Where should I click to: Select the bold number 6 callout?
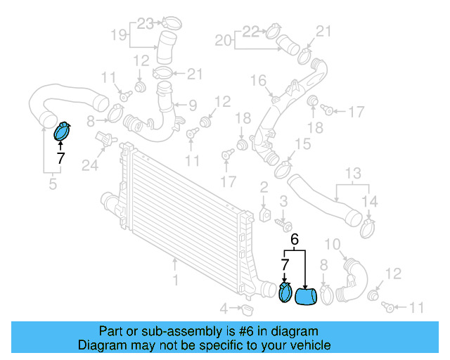click(x=295, y=240)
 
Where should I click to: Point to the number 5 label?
click(x=52, y=185)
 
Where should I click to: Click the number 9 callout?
click(x=192, y=105)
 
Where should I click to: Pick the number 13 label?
click(x=352, y=173)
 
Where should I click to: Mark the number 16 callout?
click(x=258, y=79)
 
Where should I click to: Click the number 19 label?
click(x=119, y=34)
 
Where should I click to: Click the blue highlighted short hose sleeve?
click(x=306, y=297)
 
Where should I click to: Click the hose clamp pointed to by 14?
click(x=368, y=226)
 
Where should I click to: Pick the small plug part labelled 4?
click(x=246, y=309)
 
